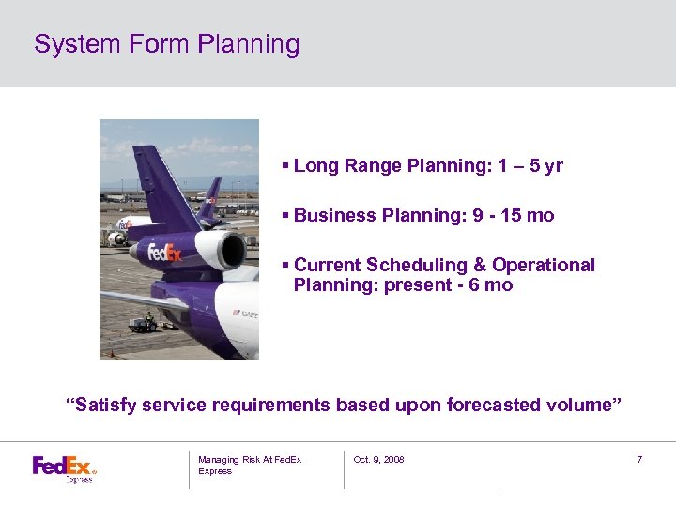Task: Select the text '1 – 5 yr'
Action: click(x=530, y=166)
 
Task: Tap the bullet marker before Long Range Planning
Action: click(x=285, y=166)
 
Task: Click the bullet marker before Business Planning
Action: click(x=285, y=216)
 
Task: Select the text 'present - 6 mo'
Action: click(x=450, y=285)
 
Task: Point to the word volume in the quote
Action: click(x=578, y=406)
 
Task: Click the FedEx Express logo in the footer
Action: click(x=64, y=468)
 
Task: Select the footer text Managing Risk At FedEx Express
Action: click(x=249, y=465)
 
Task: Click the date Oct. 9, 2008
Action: click(x=378, y=460)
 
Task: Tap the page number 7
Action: click(x=639, y=460)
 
